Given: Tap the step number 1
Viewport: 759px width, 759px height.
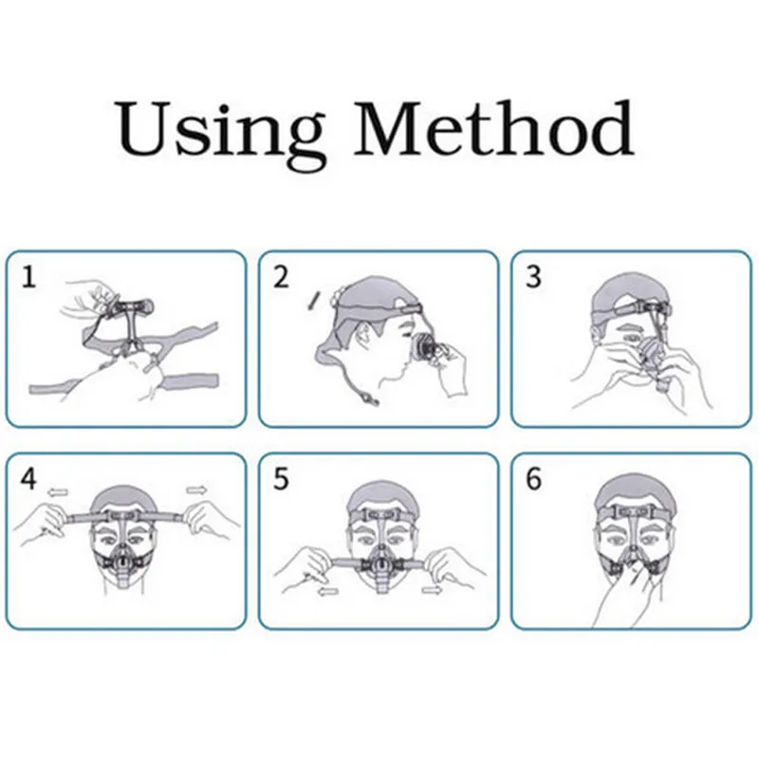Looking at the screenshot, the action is tap(28, 277).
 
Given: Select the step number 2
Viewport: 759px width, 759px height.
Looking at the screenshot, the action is tap(281, 277).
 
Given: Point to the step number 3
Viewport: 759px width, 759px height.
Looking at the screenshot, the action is tap(533, 277).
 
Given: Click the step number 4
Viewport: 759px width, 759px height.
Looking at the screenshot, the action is tap(28, 479).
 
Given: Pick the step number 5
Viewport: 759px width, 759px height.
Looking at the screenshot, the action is tap(281, 479).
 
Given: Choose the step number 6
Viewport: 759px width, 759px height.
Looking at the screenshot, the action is tap(533, 479).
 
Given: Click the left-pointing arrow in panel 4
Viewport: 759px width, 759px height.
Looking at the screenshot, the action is tap(57, 492).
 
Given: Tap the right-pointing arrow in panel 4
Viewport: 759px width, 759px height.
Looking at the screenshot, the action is tap(196, 491).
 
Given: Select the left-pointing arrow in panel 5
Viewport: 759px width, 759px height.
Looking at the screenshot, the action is tap(329, 591).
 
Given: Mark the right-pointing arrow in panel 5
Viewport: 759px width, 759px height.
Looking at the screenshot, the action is tap(432, 589).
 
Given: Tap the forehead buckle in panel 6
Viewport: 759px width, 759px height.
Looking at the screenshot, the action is tap(631, 511).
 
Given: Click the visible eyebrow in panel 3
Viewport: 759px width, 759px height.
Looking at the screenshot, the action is tap(629, 324).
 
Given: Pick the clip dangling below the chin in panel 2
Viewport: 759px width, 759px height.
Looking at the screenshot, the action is tap(369, 397).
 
